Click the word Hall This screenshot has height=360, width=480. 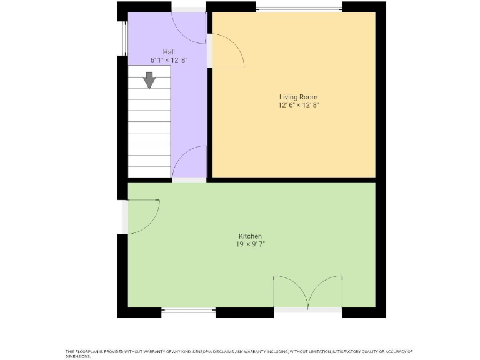[x=169, y=52]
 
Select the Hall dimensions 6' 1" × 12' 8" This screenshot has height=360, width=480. [x=169, y=60]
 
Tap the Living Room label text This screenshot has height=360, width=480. [x=298, y=97]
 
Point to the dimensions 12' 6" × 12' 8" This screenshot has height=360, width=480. [x=298, y=105]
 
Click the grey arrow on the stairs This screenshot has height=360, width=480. [x=149, y=80]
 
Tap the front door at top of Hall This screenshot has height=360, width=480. [x=189, y=28]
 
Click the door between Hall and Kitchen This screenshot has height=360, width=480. [x=189, y=162]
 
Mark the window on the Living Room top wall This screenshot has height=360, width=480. [x=298, y=8]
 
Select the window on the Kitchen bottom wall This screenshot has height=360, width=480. [x=189, y=310]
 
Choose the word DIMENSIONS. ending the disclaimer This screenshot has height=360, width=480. [x=78, y=356]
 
